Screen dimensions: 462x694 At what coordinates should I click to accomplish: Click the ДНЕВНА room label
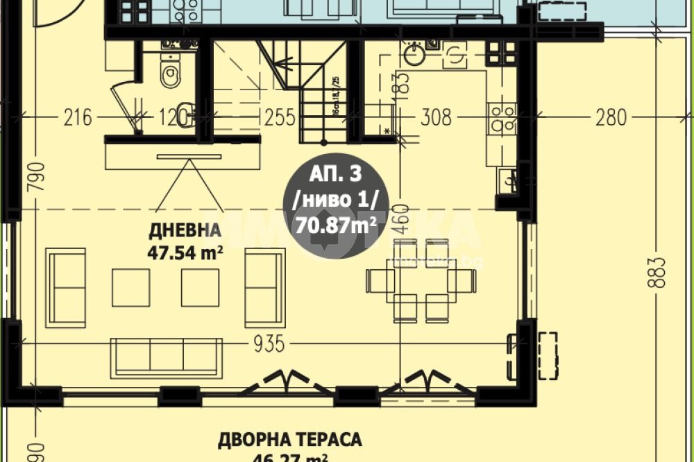184,230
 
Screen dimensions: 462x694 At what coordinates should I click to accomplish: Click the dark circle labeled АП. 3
336,207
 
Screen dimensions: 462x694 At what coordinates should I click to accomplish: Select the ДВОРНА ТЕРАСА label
290,440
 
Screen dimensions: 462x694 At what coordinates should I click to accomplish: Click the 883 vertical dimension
660,272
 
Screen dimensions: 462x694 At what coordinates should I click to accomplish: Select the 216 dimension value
77,117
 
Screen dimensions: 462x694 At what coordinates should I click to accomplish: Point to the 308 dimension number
436,117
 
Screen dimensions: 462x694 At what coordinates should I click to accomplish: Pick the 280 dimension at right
610,117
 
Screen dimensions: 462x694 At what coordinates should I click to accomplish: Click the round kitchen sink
414,56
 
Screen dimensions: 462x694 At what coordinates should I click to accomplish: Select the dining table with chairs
421,280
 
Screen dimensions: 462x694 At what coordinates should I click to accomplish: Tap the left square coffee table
130,287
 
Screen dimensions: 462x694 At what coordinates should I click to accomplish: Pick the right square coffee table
200,287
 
